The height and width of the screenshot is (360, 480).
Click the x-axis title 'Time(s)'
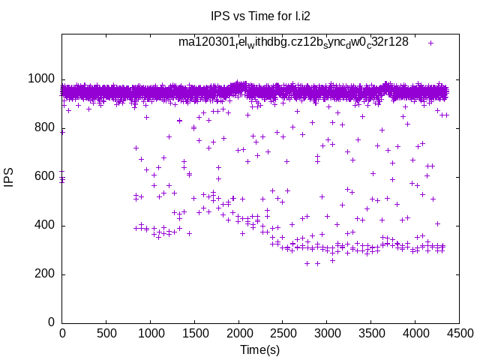260,349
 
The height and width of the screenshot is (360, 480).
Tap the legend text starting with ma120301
293,42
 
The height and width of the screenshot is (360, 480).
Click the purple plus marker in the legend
430,43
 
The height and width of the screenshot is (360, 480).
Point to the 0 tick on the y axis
51,322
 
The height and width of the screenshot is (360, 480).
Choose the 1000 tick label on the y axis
41,79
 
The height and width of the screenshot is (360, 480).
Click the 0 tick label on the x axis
62,333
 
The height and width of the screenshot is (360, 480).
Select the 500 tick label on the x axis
106,333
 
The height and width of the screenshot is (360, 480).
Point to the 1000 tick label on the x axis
150,333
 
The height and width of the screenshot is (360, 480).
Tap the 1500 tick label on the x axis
194,333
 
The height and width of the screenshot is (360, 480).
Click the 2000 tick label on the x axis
238,333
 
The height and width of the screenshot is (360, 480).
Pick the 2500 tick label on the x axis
283,333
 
